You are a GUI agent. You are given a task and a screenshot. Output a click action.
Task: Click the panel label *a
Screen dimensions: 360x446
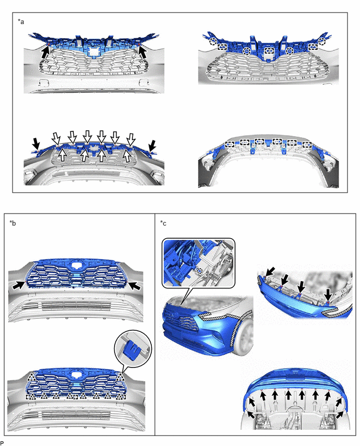click(21, 21)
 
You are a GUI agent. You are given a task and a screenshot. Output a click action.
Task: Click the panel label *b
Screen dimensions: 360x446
click(13, 223)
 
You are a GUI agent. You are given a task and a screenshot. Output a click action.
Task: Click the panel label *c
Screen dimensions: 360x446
click(163, 223)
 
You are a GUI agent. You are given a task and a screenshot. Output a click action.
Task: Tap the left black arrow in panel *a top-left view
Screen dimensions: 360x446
click(45, 53)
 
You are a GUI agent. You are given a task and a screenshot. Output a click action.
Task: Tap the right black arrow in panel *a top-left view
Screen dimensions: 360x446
click(142, 52)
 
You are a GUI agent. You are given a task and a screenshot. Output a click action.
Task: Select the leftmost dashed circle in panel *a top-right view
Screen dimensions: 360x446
click(212, 42)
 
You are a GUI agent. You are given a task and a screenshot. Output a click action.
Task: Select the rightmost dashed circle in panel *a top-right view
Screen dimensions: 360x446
click(322, 41)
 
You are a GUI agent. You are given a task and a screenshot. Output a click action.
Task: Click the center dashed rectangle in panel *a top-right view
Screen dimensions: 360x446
click(269, 51)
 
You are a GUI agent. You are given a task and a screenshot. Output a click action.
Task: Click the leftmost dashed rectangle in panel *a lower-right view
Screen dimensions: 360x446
click(230, 144)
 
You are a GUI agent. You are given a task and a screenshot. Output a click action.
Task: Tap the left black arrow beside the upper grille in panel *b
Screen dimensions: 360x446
click(18, 285)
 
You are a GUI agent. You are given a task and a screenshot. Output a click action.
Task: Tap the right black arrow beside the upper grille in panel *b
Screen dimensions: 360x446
click(135, 286)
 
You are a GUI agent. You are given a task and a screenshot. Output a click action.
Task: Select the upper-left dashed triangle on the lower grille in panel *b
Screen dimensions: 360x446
click(31, 378)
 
